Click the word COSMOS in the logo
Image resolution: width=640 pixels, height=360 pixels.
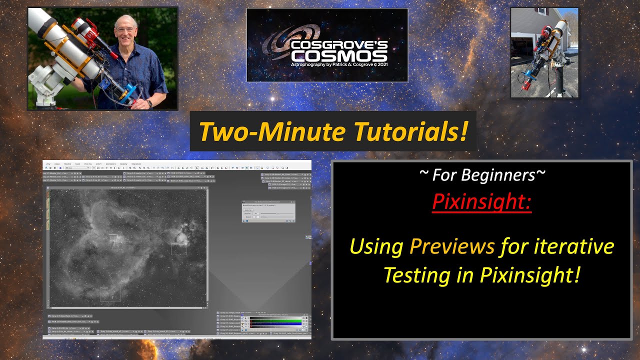[x=338, y=55]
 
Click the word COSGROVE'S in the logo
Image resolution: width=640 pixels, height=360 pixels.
[x=338, y=44]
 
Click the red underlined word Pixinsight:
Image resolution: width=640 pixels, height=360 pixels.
[x=481, y=201]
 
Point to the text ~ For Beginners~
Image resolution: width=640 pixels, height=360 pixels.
[x=481, y=175]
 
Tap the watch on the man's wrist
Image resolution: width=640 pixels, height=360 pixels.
[x=149, y=104]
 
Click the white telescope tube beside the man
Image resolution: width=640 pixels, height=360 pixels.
[x=60, y=40]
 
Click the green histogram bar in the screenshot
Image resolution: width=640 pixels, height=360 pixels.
[x=275, y=320]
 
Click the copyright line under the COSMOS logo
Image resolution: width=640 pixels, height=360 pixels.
[x=338, y=64]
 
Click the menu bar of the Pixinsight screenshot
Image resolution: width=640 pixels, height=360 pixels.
[x=100, y=163]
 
